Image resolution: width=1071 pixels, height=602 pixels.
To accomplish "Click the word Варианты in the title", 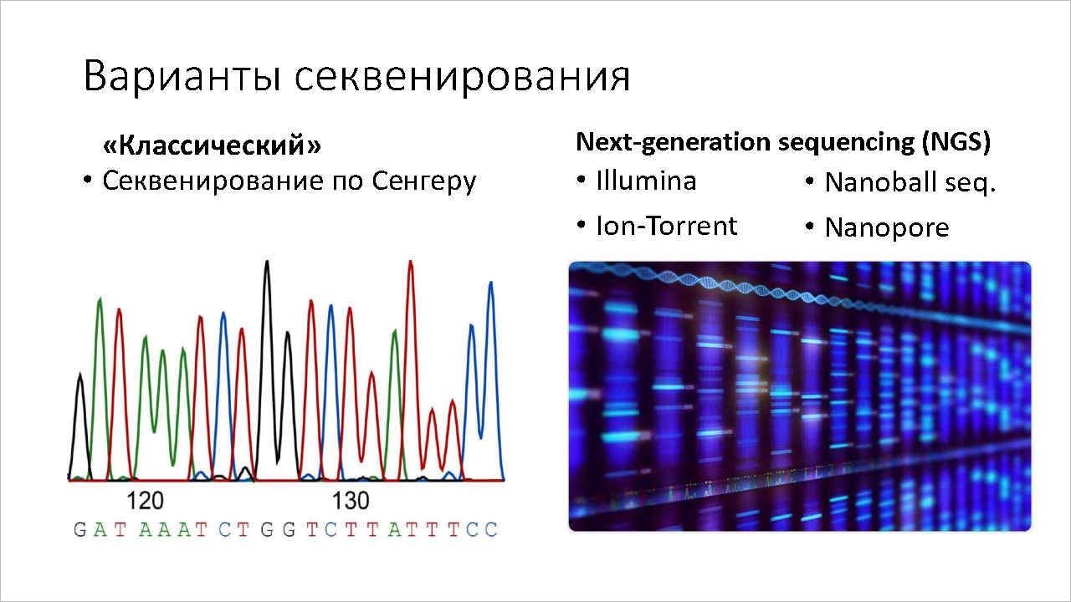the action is (x=182, y=76).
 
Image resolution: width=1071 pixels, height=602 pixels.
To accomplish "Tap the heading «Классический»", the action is (x=212, y=145).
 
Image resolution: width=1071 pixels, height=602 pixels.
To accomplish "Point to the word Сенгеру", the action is (x=424, y=181).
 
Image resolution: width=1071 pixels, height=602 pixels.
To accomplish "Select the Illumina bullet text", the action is (x=646, y=181).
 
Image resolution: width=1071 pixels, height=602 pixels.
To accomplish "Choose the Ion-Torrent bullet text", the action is (x=667, y=226).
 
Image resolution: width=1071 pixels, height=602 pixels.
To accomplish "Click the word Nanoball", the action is (x=878, y=182).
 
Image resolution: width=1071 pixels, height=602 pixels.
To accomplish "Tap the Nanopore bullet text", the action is (x=887, y=228).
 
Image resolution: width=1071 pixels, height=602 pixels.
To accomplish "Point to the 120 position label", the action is (x=145, y=501).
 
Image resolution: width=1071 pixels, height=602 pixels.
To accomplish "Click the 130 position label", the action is (x=351, y=501).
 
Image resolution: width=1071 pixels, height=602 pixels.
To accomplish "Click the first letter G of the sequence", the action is (x=79, y=530).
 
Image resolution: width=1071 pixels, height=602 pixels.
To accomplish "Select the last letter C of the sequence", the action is (x=491, y=530).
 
